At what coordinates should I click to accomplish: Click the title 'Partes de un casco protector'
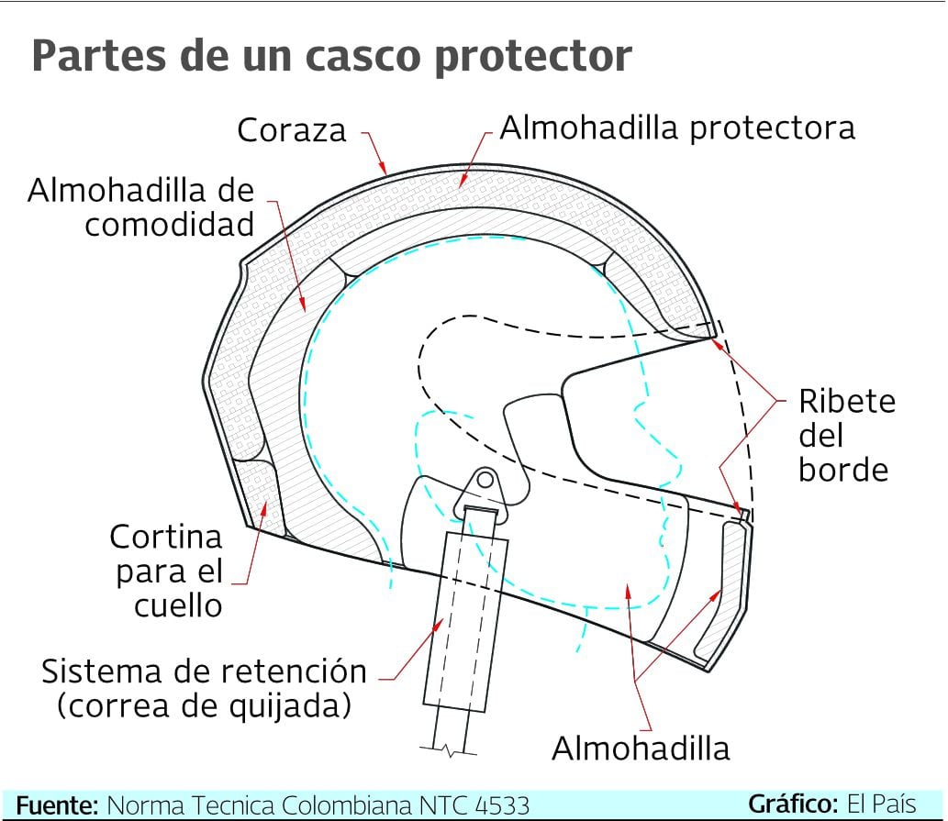click(331, 56)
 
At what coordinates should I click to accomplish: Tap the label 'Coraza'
click(292, 130)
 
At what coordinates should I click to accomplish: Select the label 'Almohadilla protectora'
click(677, 128)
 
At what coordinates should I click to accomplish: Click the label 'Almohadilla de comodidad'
click(140, 207)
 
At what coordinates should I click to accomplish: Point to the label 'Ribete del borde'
click(844, 435)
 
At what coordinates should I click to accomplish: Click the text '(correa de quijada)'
click(204, 705)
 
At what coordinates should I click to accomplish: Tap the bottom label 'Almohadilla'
click(640, 749)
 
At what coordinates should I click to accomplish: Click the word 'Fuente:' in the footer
click(57, 805)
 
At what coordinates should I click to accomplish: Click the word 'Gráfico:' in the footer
click(794, 804)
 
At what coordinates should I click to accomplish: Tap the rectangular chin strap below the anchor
click(474, 615)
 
